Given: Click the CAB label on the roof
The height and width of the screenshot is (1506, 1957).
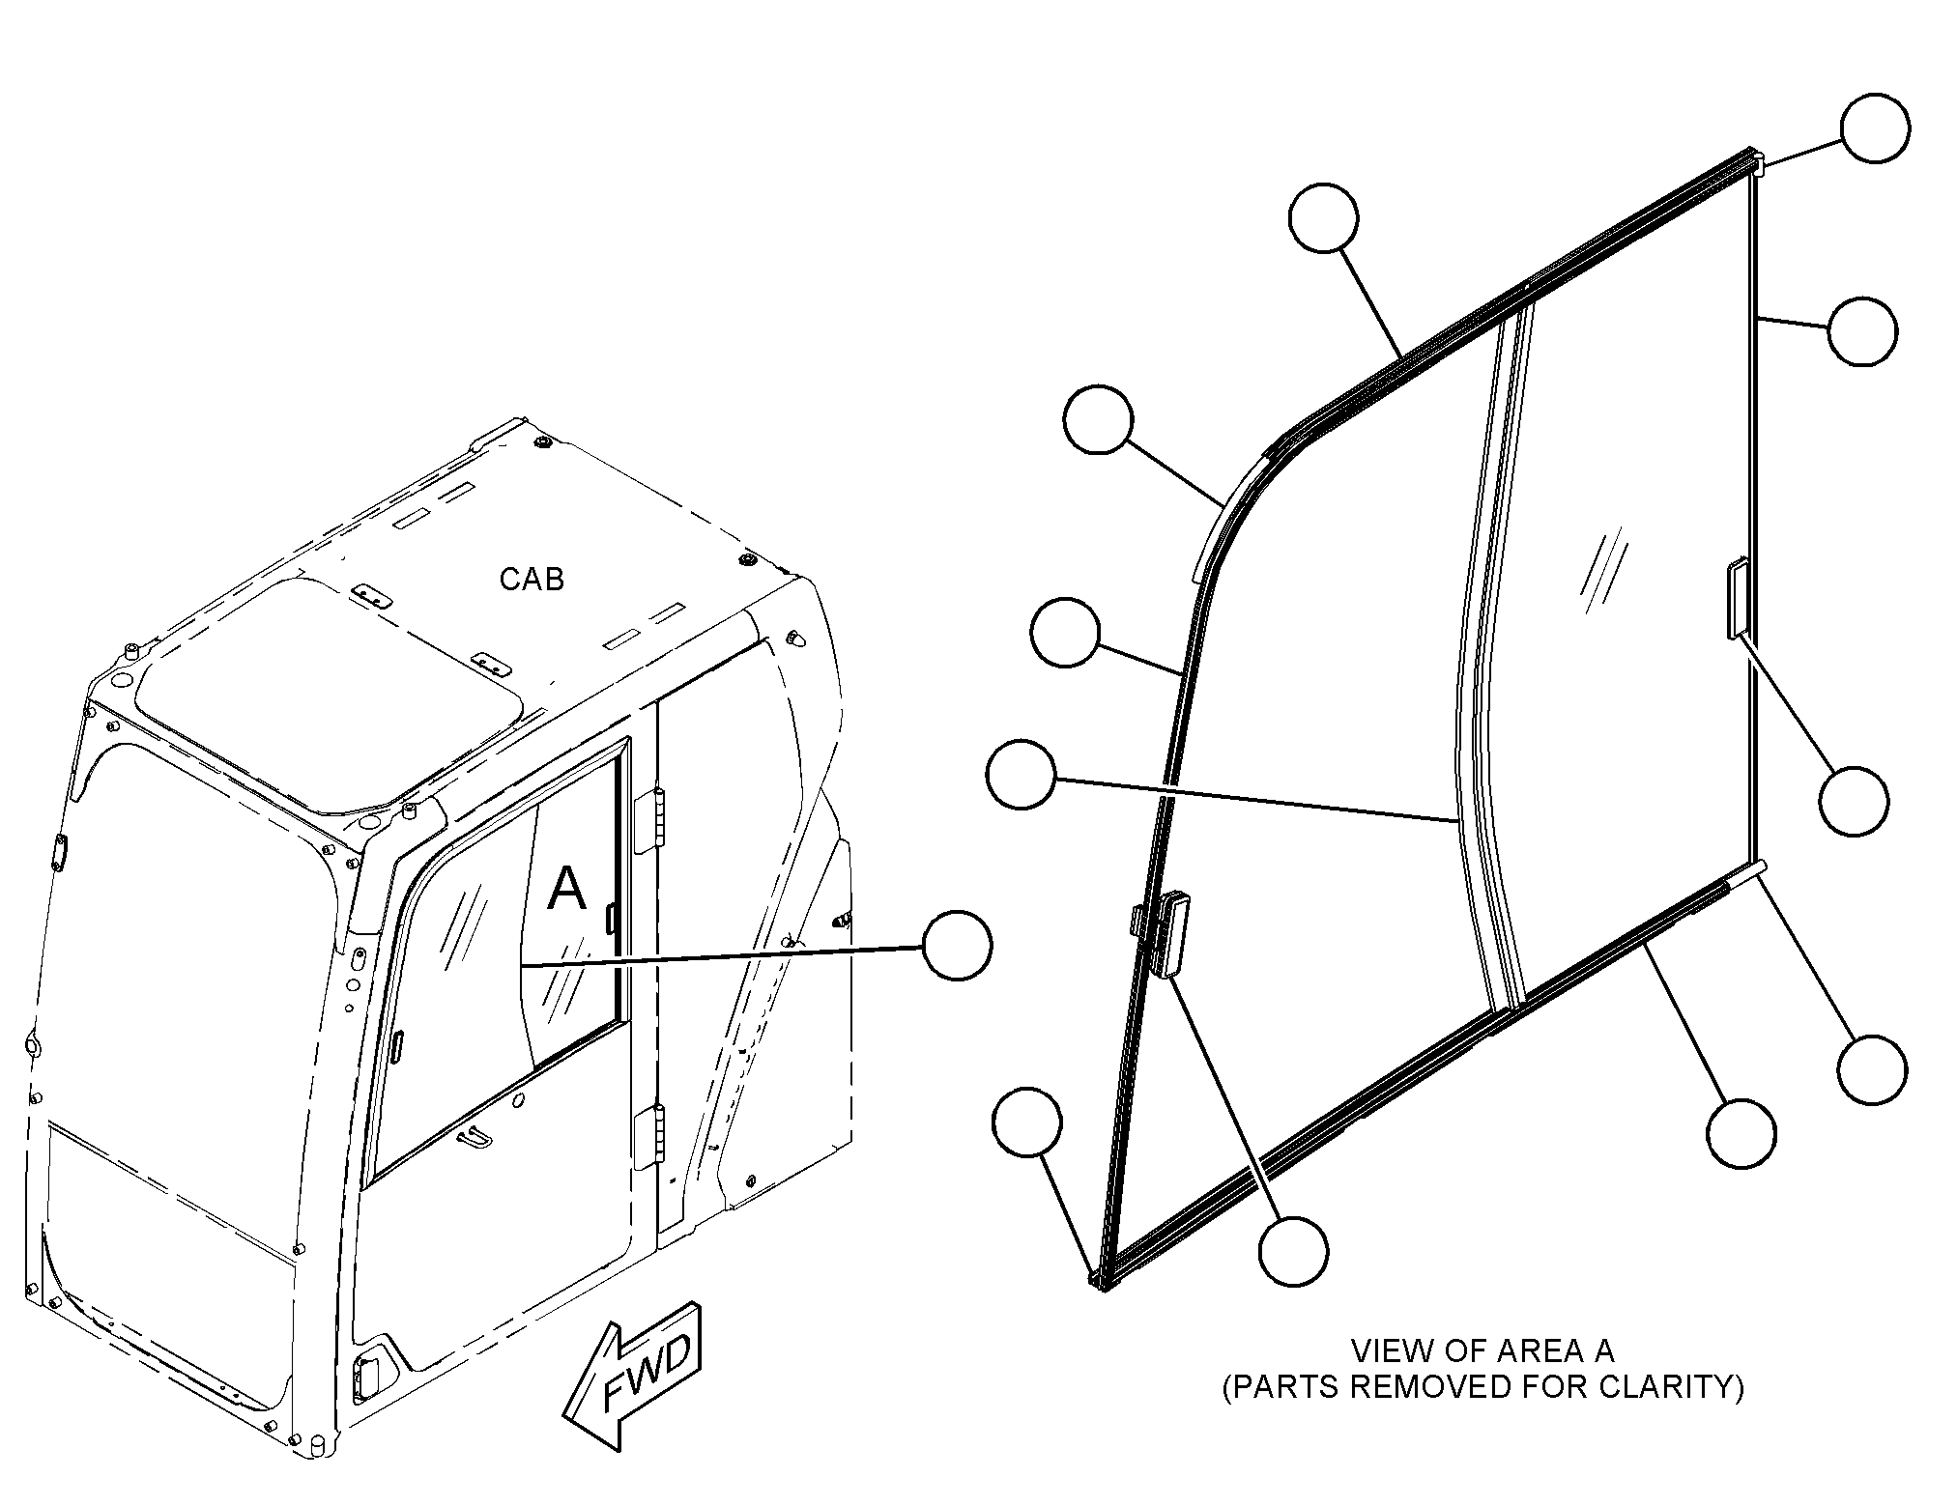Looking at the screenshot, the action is (532, 579).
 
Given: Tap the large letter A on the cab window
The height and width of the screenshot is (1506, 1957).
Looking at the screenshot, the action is (566, 888).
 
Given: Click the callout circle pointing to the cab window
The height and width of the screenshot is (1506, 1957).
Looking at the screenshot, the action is (957, 945).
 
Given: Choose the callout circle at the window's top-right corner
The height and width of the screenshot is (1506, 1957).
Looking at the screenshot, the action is (1875, 128).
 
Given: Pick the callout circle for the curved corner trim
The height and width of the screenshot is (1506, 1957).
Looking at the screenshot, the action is (1098, 419).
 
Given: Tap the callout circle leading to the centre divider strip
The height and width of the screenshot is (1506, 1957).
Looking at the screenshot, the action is (1022, 774).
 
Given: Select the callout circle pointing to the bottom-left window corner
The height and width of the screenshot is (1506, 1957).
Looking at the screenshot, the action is (1027, 1121).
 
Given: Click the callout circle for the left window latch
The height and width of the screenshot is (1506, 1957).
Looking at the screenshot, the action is (1293, 1251).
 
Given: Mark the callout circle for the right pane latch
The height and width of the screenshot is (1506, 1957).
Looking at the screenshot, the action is (1853, 801).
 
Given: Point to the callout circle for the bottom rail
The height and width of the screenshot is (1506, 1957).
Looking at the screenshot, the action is (1741, 1133).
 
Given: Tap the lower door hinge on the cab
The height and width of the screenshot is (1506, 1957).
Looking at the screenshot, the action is (649, 1136).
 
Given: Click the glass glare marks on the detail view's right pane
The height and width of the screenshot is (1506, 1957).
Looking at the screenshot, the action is (1602, 574).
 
